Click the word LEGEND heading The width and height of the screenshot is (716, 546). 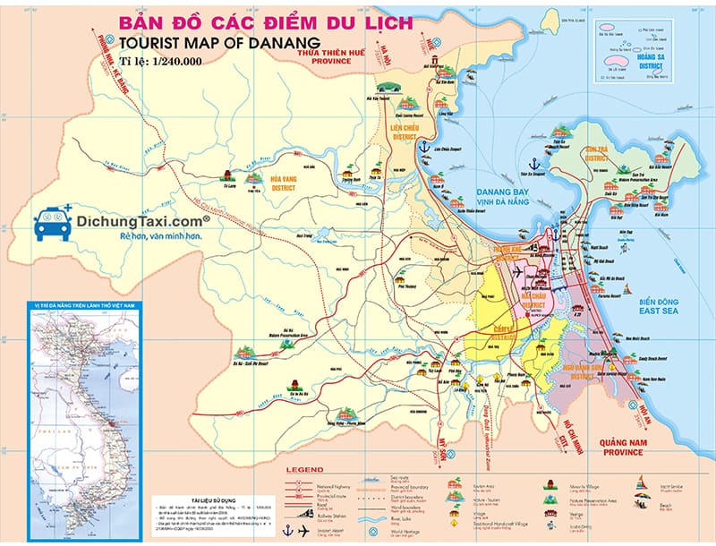pyautogui.click(x=304, y=469)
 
